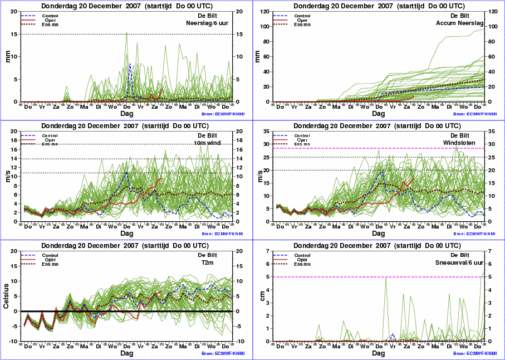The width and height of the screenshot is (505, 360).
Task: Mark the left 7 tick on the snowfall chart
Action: point(269,251)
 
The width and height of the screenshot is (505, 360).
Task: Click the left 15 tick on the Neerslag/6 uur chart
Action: point(15,34)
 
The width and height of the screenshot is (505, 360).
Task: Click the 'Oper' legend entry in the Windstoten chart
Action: point(303,139)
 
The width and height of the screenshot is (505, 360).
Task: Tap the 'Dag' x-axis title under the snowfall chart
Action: point(379,353)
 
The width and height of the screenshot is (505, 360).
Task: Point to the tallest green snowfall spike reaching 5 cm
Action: point(386,277)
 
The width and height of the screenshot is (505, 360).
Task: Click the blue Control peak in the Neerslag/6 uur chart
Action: point(130,64)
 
